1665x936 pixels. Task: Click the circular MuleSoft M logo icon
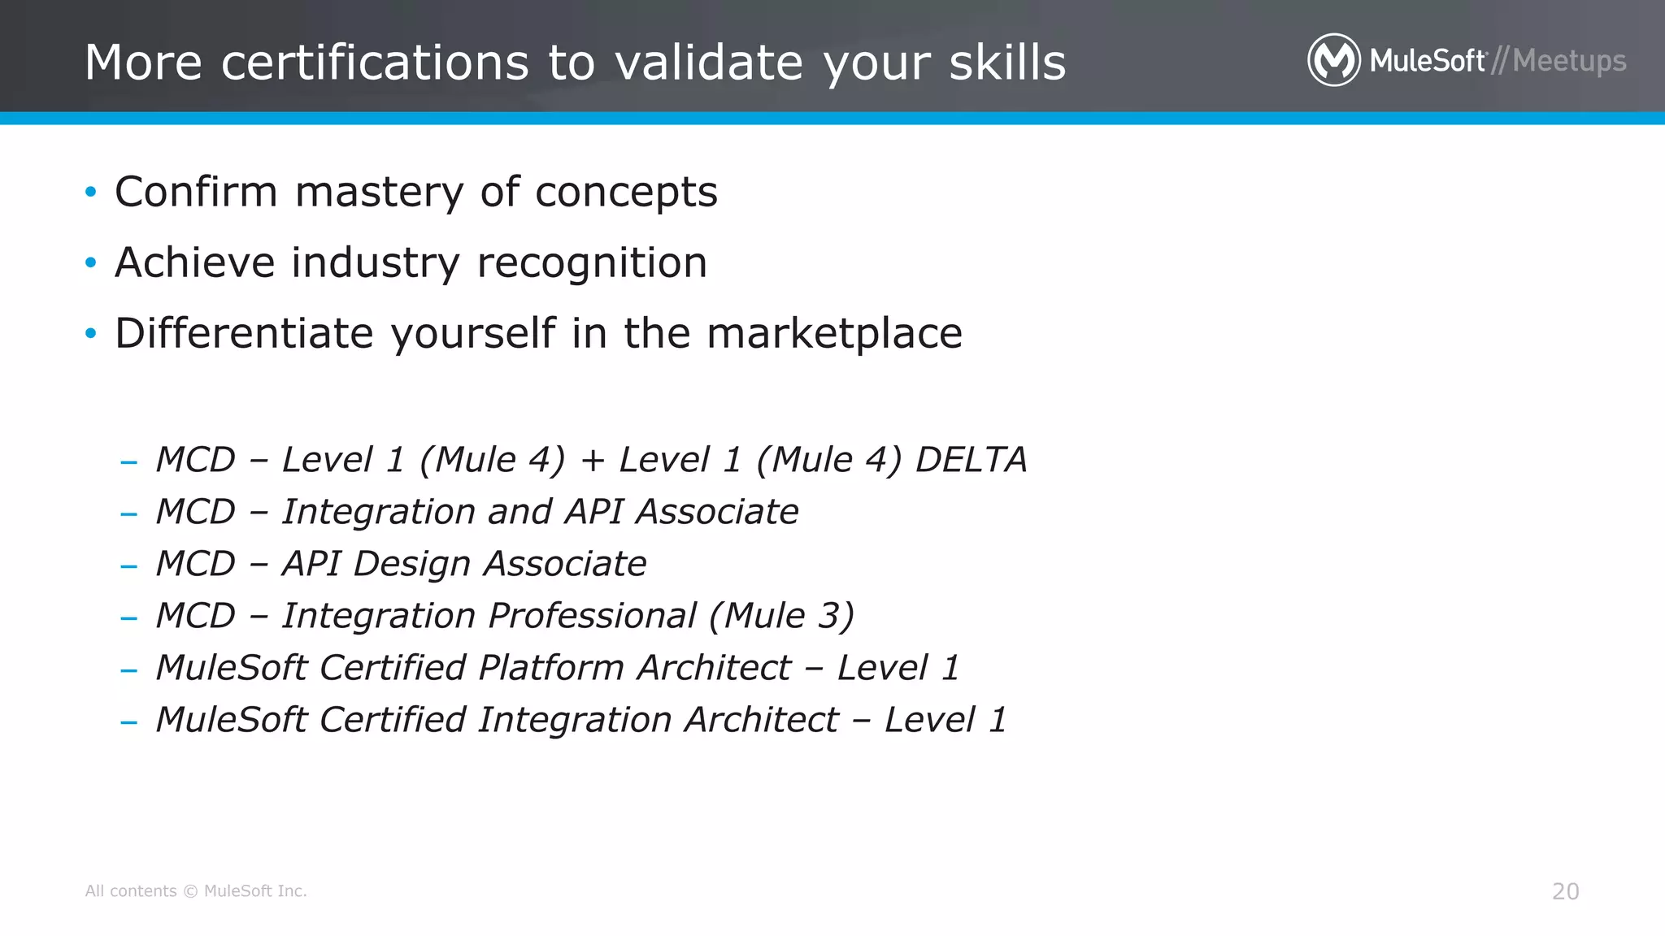point(1333,60)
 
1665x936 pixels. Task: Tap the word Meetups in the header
point(1569,62)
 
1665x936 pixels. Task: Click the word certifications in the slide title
point(375,63)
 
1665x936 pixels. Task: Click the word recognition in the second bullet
point(592,263)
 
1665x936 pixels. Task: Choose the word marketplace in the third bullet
point(834,334)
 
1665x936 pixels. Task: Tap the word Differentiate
point(244,333)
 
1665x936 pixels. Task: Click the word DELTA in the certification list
point(971,460)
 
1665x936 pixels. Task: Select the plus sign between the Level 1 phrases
point(593,461)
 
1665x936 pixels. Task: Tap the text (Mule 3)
point(781,616)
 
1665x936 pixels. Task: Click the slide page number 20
point(1565,891)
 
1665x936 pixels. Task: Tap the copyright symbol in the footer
point(190,891)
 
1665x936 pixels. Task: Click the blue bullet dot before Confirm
point(91,193)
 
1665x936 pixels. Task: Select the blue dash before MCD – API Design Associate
point(128,566)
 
